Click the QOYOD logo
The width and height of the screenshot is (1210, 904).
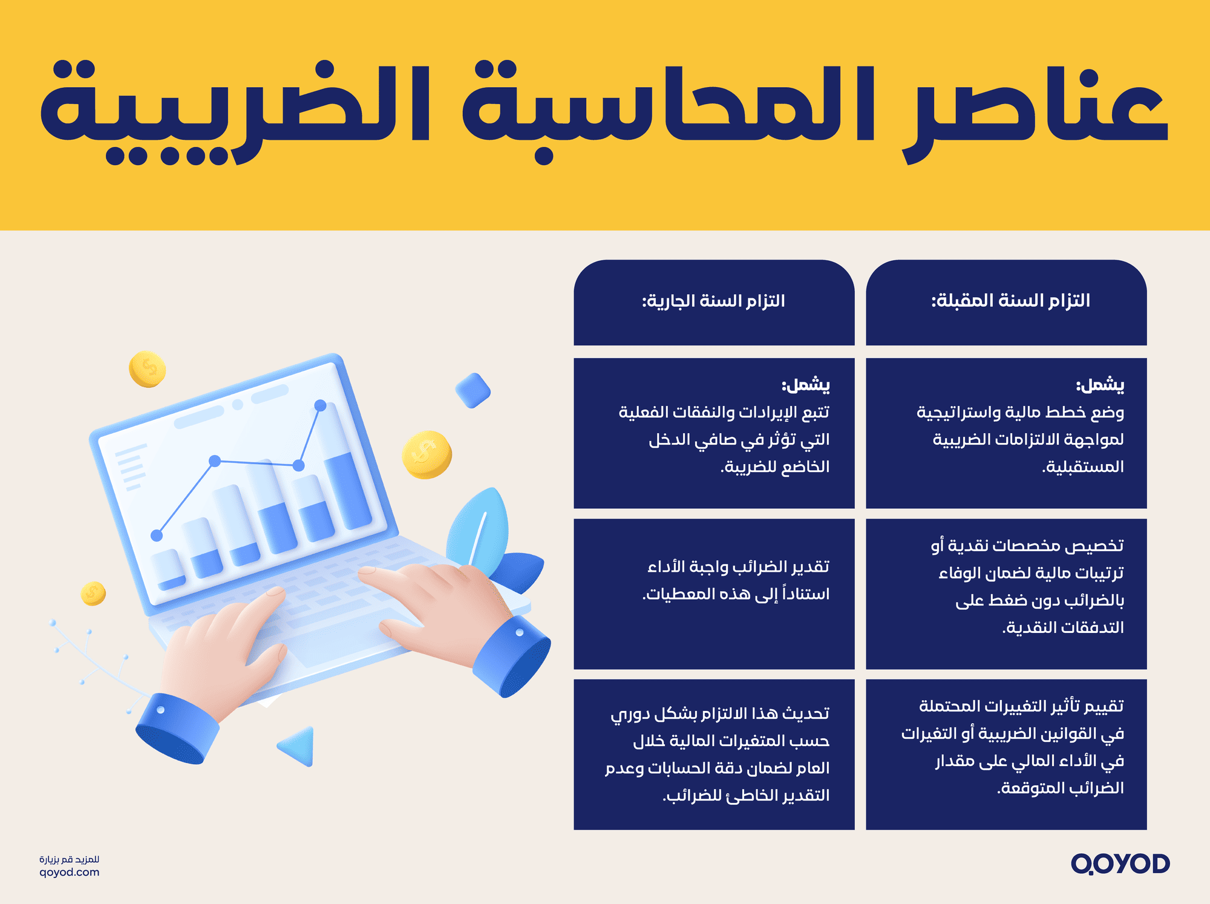(x=1120, y=863)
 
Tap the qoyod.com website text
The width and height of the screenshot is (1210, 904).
(x=69, y=873)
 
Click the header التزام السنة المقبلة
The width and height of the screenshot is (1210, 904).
(x=1010, y=301)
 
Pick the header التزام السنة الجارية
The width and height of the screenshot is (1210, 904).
(x=714, y=301)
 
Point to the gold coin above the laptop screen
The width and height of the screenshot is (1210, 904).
(x=147, y=368)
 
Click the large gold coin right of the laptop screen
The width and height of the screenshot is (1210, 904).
(x=427, y=454)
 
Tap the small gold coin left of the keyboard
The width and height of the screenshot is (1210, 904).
(x=93, y=593)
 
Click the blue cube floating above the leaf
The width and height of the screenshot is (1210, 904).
(x=473, y=390)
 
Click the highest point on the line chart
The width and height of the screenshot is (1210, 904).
(x=321, y=405)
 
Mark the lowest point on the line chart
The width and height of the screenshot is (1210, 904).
(x=157, y=535)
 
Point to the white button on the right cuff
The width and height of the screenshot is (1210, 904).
(x=519, y=632)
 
